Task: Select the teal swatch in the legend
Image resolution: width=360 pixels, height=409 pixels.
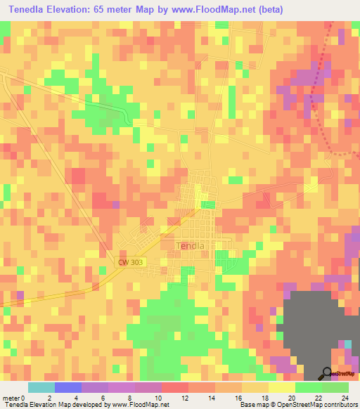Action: [x=41, y=387]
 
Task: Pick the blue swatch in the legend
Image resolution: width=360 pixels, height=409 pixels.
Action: [x=68, y=387]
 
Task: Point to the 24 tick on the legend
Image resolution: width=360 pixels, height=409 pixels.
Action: [x=346, y=397]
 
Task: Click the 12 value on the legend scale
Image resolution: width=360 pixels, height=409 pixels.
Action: [x=186, y=397]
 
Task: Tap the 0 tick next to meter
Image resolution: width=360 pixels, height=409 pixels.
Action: [x=23, y=397]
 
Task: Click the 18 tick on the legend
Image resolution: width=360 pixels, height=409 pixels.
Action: [x=266, y=397]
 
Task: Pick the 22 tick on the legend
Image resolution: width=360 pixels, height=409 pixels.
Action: [x=320, y=397]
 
